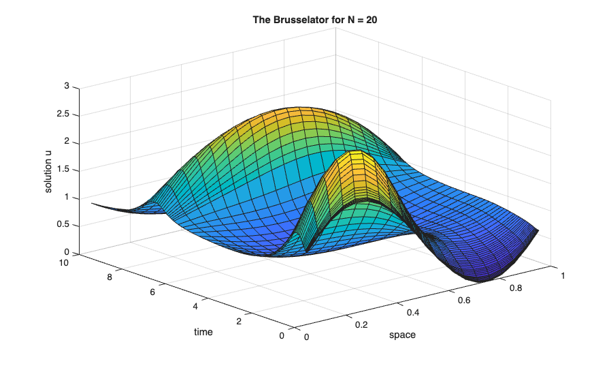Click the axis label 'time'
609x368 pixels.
(x=203, y=332)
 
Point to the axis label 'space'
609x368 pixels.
(x=402, y=335)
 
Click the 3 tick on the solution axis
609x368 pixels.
(x=67, y=87)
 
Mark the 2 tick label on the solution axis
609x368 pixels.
(x=67, y=142)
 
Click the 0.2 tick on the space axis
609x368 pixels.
(x=361, y=324)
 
